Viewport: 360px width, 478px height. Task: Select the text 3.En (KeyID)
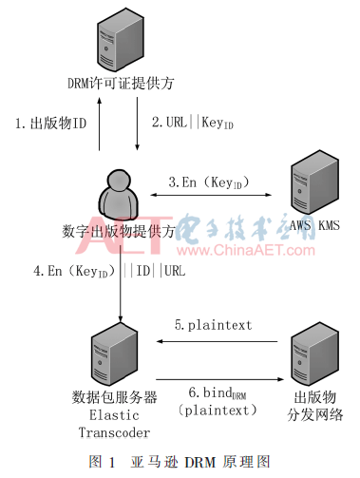click(204, 181)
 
